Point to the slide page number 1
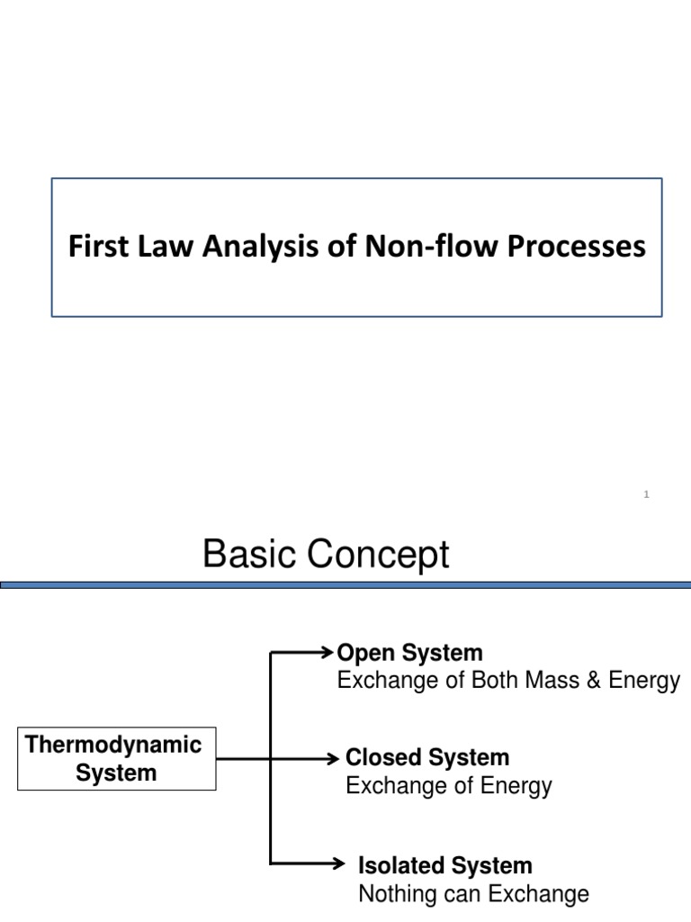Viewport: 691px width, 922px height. point(647,493)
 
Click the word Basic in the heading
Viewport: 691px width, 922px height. point(246,556)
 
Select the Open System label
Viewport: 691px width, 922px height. point(408,653)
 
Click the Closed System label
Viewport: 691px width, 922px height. point(427,757)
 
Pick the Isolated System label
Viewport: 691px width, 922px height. point(445,866)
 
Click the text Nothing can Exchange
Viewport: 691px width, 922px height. point(473,894)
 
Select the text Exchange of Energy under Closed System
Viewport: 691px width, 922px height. point(449,786)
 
